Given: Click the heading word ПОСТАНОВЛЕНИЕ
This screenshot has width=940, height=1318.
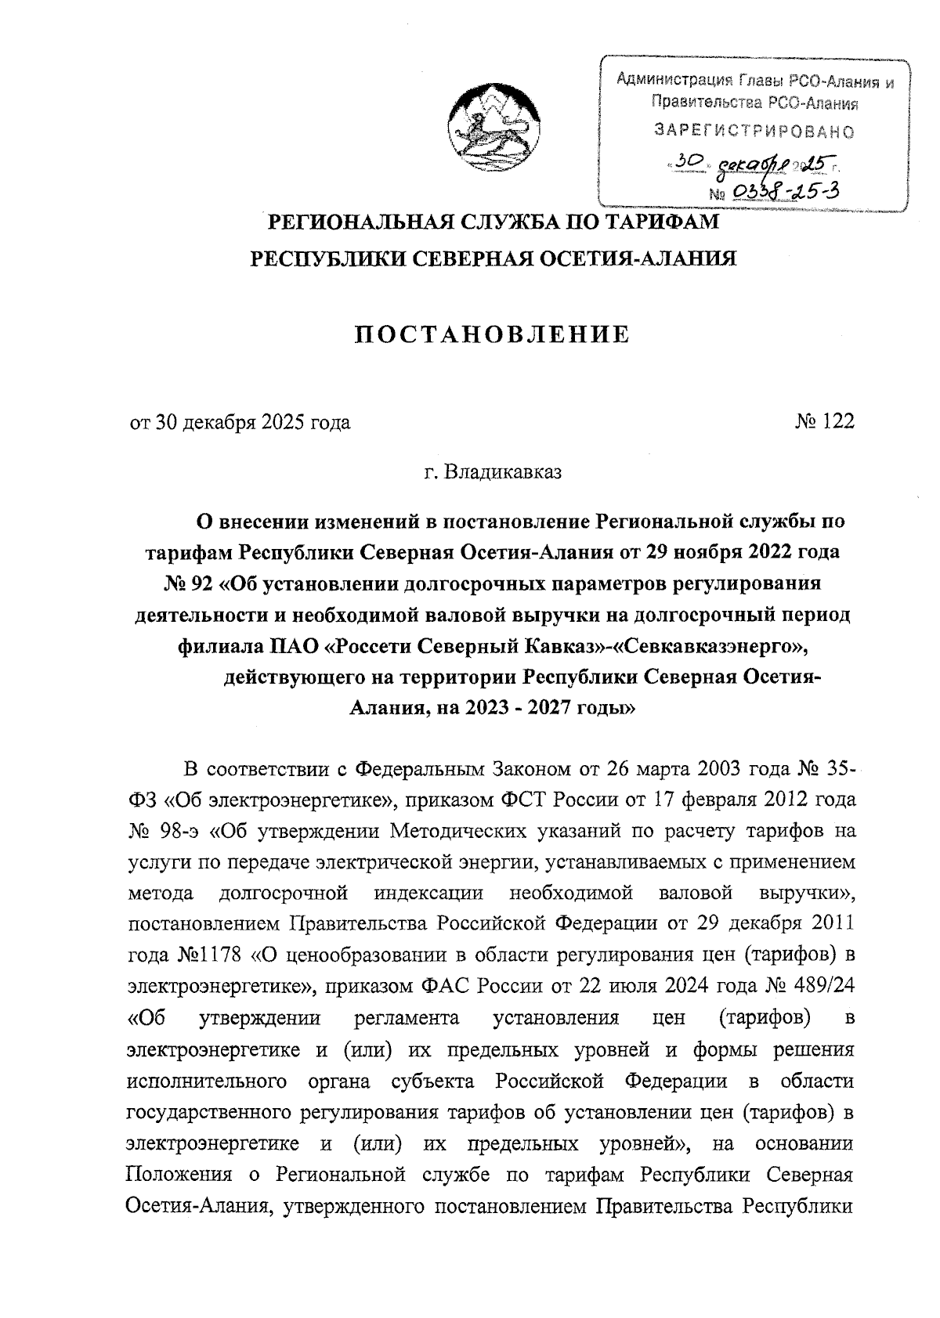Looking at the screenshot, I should (493, 335).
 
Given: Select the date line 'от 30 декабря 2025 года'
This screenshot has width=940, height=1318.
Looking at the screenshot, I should (240, 423).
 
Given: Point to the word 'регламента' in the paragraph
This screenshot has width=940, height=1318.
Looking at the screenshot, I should (407, 1018).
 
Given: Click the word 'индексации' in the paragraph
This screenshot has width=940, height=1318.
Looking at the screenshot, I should (428, 893).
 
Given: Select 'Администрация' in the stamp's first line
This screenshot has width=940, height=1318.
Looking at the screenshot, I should (671, 79).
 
